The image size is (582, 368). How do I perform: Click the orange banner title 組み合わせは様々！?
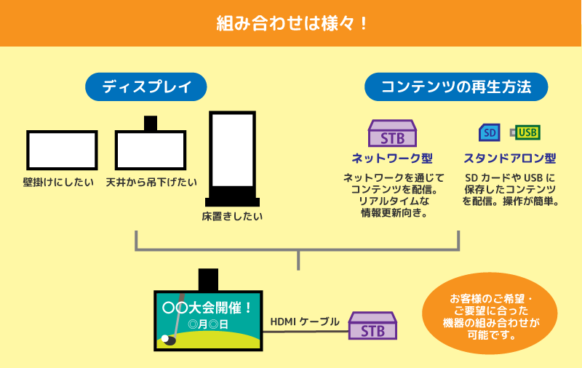click(292, 24)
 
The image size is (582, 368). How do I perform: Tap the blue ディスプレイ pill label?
click(146, 87)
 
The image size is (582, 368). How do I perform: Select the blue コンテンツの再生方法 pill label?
click(456, 87)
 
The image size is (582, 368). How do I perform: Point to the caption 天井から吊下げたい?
click(151, 182)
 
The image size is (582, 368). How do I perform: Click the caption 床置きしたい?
click(232, 216)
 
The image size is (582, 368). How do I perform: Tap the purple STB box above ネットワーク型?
click(392, 133)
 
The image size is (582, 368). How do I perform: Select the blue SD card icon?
click(490, 132)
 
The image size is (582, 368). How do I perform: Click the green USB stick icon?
click(525, 132)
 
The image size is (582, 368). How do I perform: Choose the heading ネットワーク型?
click(392, 159)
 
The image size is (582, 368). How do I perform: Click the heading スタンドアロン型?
click(510, 159)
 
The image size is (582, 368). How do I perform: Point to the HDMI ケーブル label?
click(305, 321)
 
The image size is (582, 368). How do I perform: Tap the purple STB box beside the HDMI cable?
click(372, 326)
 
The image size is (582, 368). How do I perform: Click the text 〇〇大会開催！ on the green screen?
click(208, 308)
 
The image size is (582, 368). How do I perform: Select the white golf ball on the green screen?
click(165, 338)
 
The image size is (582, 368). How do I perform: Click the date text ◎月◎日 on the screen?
click(208, 324)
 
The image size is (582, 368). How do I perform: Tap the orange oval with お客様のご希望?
click(490, 313)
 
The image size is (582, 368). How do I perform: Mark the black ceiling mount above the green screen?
click(208, 280)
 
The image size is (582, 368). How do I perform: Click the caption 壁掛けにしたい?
click(59, 182)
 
